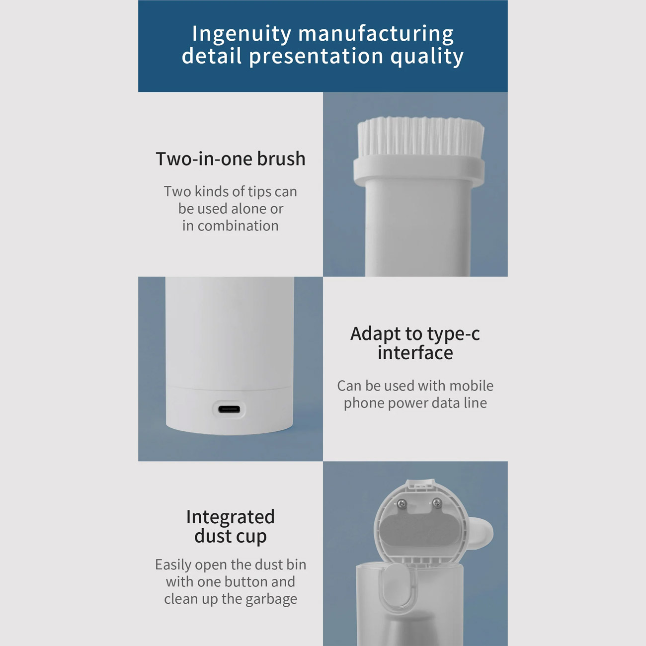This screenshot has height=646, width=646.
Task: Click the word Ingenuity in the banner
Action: point(242,34)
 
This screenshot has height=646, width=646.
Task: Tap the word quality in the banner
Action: point(427,56)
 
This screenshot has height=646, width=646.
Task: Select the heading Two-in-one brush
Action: point(231,159)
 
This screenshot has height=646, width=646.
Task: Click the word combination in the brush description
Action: point(238,226)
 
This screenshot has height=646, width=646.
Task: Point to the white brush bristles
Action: point(421,137)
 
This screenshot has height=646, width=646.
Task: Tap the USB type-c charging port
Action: point(229,409)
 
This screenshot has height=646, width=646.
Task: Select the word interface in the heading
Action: point(415,353)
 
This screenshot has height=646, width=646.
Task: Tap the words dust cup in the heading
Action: point(231,537)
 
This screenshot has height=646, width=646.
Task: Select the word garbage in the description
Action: point(271,600)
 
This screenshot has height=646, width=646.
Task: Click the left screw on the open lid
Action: point(402,504)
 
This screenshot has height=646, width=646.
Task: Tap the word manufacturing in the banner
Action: point(376,34)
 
